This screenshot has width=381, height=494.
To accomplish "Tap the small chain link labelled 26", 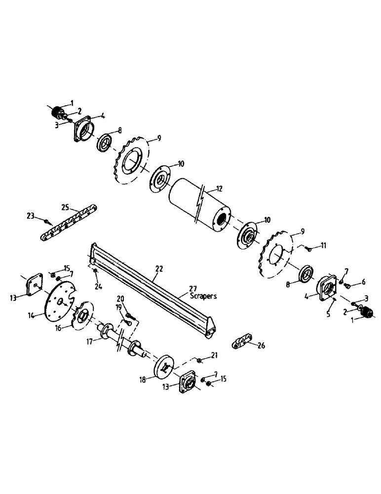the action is [240, 342].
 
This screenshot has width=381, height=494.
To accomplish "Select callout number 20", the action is [121, 298].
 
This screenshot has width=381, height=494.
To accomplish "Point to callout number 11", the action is [324, 245].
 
